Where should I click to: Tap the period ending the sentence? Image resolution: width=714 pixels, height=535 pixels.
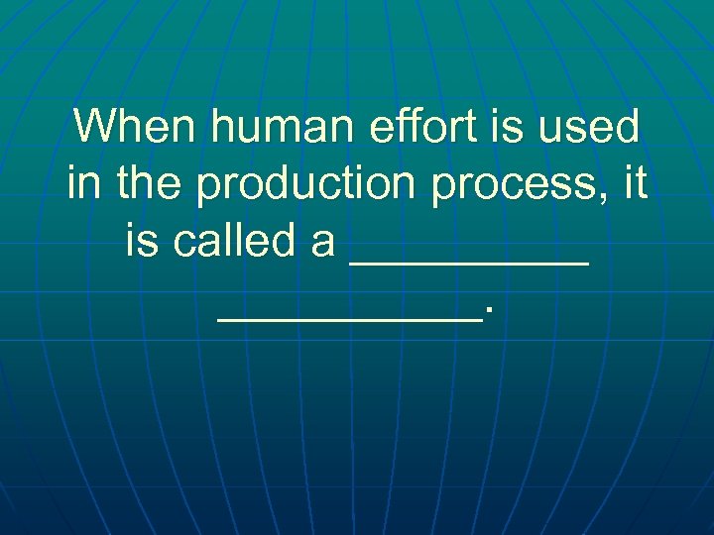487,314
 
